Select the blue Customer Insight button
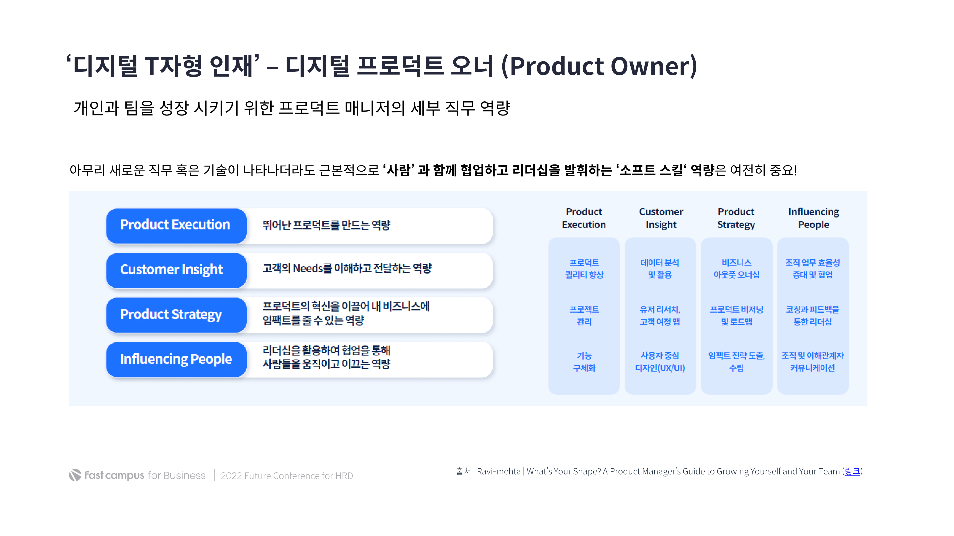(176, 270)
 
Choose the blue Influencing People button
(176, 359)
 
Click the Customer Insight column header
(661, 218)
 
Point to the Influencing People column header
(813, 218)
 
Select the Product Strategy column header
(736, 218)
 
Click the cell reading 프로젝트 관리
(584, 315)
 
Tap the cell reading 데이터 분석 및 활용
(660, 269)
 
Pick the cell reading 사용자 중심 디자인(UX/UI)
(660, 362)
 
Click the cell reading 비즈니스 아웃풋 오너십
(736, 269)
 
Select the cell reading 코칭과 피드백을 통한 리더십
(813, 315)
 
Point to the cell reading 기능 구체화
(584, 362)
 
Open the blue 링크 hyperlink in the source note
(852, 471)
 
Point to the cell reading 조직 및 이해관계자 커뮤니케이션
(813, 362)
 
